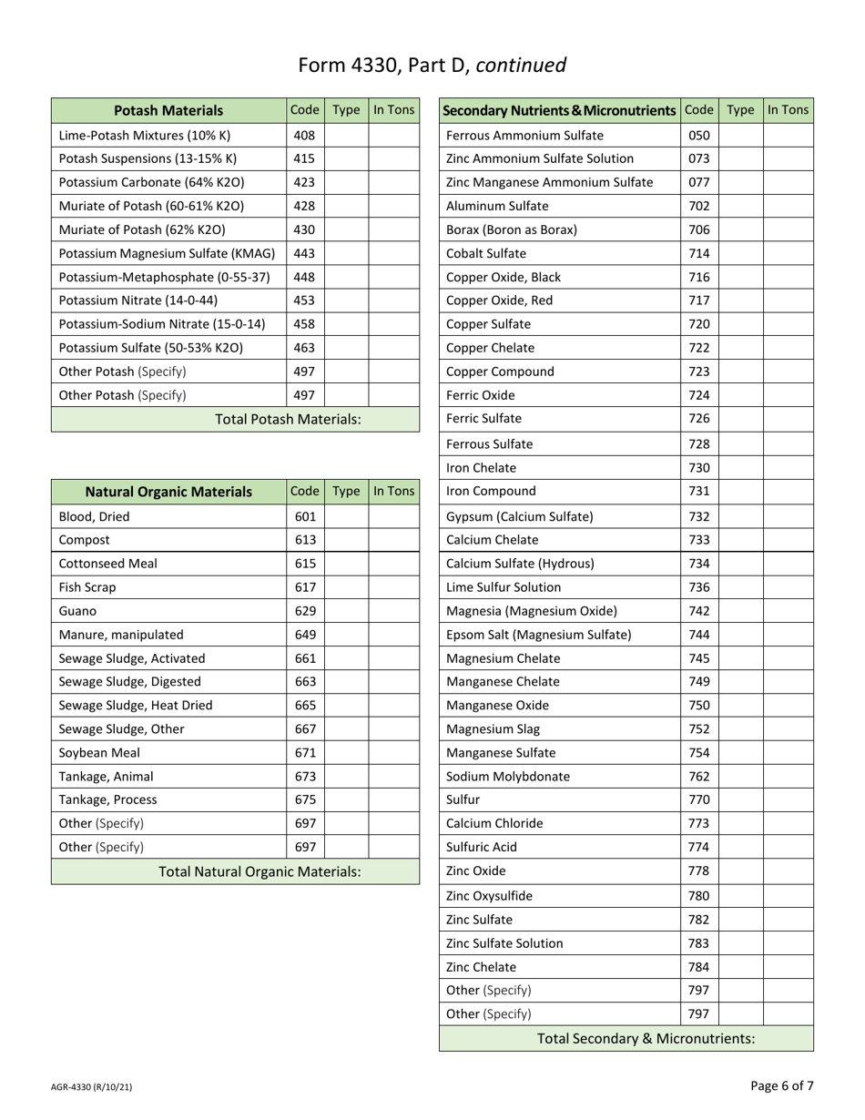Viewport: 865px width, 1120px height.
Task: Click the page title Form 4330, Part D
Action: [x=432, y=65]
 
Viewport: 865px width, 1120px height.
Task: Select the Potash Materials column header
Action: [x=168, y=111]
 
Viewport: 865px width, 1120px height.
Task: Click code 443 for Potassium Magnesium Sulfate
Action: [x=304, y=253]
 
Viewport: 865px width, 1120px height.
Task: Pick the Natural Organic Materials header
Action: [x=168, y=492]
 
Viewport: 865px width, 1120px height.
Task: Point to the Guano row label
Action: [x=77, y=611]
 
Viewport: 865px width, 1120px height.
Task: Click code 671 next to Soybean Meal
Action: [x=304, y=753]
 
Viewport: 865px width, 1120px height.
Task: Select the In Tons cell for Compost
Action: [x=392, y=540]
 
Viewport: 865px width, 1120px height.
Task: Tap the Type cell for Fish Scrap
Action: [x=346, y=587]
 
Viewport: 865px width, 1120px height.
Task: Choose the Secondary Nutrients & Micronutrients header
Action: [x=559, y=111]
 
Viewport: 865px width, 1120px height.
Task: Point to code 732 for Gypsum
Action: [x=698, y=517]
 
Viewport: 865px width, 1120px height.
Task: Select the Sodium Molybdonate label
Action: [x=502, y=777]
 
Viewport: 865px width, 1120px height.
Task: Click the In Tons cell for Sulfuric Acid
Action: [x=788, y=847]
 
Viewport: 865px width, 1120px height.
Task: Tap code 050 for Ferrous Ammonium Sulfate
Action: [x=698, y=136]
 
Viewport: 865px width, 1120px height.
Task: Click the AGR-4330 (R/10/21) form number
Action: [x=97, y=1087]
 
